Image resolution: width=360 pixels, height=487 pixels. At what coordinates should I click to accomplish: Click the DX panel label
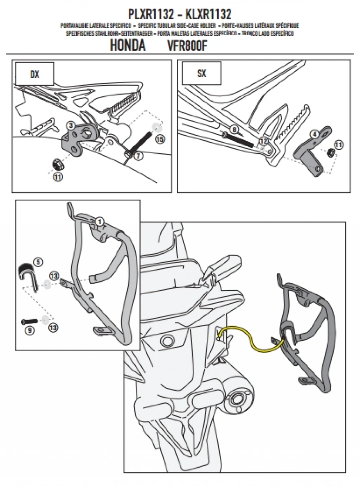[x=34, y=75]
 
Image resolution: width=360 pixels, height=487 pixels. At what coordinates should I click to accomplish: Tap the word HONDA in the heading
[x=128, y=46]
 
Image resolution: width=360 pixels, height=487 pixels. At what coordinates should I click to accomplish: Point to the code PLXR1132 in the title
[x=150, y=14]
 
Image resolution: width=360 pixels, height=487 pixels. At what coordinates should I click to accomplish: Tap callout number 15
[x=160, y=139]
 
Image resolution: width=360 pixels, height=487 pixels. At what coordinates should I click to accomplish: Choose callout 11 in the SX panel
[x=338, y=144]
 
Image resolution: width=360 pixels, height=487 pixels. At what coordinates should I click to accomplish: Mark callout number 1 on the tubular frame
[x=99, y=222]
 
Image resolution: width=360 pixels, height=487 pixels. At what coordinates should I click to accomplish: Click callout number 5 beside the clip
[x=38, y=262]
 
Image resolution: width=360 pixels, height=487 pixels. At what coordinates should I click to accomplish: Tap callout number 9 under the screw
[x=30, y=330]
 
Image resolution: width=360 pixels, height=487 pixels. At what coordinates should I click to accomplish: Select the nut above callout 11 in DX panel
[x=56, y=163]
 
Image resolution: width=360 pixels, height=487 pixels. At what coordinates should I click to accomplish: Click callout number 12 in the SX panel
[x=263, y=141]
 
